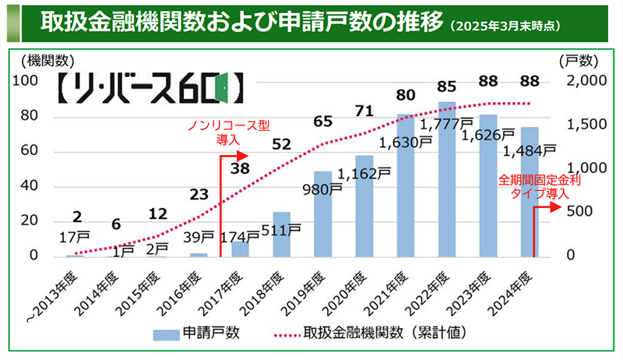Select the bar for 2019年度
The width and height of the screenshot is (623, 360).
pos(323,214)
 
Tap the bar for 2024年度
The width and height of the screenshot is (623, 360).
pos(529,195)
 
